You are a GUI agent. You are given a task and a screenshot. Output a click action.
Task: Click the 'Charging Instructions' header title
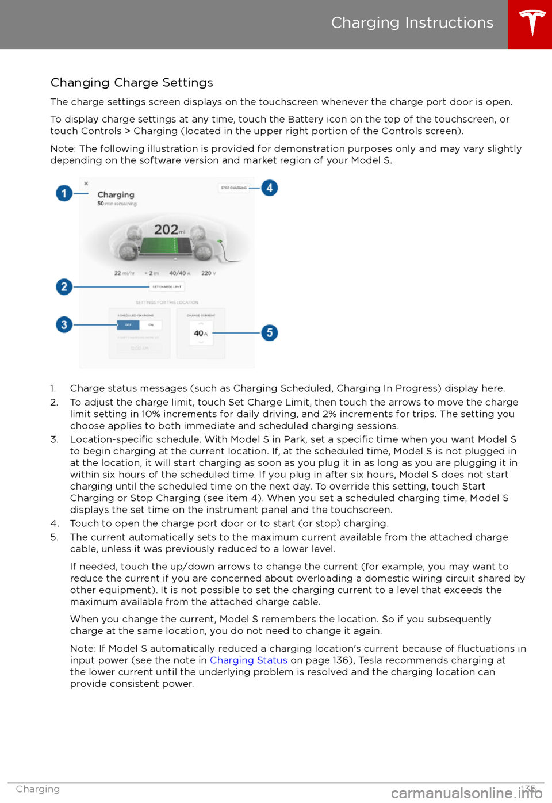[x=412, y=22]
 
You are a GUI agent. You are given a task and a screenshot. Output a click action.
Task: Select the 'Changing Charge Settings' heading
[x=132, y=82]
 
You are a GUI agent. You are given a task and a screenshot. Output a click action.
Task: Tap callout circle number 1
[x=64, y=193]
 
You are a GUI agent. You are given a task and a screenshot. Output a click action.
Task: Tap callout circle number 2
[x=64, y=286]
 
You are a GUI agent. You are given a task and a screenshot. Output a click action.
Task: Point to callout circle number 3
[x=64, y=324]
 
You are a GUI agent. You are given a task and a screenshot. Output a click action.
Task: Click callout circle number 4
[x=269, y=188]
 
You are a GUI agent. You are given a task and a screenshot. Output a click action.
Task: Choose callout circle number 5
[x=269, y=332]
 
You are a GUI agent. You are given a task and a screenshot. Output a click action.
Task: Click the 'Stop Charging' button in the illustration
[x=234, y=188]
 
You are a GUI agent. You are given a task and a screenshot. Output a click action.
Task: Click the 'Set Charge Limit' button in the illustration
[x=167, y=286]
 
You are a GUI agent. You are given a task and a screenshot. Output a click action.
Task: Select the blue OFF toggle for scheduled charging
[x=128, y=325]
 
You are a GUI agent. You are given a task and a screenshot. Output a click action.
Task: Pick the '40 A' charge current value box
[x=201, y=334]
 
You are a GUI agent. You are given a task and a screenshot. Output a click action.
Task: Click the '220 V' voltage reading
[x=208, y=273]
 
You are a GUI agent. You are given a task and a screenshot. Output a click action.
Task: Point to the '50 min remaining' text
[x=117, y=204]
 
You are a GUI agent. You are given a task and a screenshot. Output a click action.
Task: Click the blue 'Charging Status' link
[x=248, y=660]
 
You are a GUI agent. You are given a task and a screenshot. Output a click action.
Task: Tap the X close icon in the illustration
[x=86, y=183]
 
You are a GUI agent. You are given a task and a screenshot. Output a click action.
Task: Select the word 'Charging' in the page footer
[x=38, y=789]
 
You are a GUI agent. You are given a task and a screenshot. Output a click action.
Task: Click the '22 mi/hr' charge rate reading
[x=124, y=273]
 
